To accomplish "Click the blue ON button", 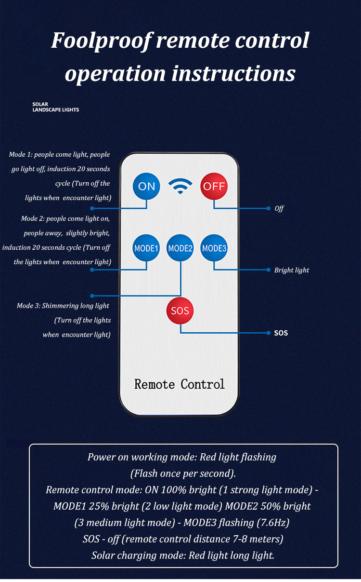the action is [146, 186].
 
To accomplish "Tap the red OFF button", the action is [214, 186].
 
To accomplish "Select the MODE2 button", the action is [180, 248].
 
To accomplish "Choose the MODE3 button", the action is [214, 248].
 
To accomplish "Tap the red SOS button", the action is [180, 311].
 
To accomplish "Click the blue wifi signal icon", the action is [180, 186].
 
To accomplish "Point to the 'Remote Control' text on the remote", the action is [179, 384].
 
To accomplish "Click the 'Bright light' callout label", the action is [292, 270].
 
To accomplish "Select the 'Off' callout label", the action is [279, 208].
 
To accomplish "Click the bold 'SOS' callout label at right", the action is [281, 333].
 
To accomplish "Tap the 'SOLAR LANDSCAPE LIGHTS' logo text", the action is [55, 107].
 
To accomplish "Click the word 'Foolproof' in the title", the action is [102, 41].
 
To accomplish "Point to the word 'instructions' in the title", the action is [233, 73].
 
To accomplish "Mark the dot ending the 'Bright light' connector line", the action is [269, 270].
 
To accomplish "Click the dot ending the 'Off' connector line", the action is [269, 208].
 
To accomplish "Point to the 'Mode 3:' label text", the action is [28, 306].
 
